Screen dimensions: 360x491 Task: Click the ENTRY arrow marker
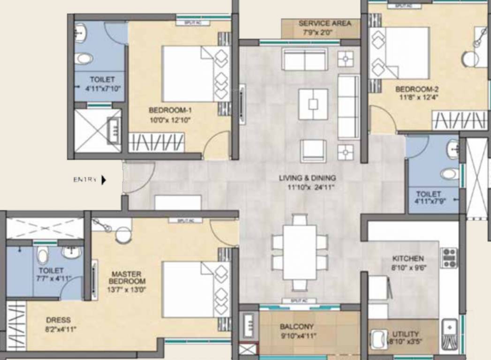(104, 180)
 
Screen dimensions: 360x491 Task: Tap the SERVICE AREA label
(325, 23)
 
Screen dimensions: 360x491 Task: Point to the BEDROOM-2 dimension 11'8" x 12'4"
(417, 98)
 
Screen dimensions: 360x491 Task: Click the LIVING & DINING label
(307, 178)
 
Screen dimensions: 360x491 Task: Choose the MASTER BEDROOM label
(127, 277)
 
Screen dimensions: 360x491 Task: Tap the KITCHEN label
(408, 258)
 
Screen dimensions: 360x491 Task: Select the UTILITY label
(406, 334)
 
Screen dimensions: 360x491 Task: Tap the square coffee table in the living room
(313, 105)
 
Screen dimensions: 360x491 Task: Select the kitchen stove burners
(449, 258)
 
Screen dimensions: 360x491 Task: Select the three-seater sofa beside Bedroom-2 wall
(348, 107)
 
